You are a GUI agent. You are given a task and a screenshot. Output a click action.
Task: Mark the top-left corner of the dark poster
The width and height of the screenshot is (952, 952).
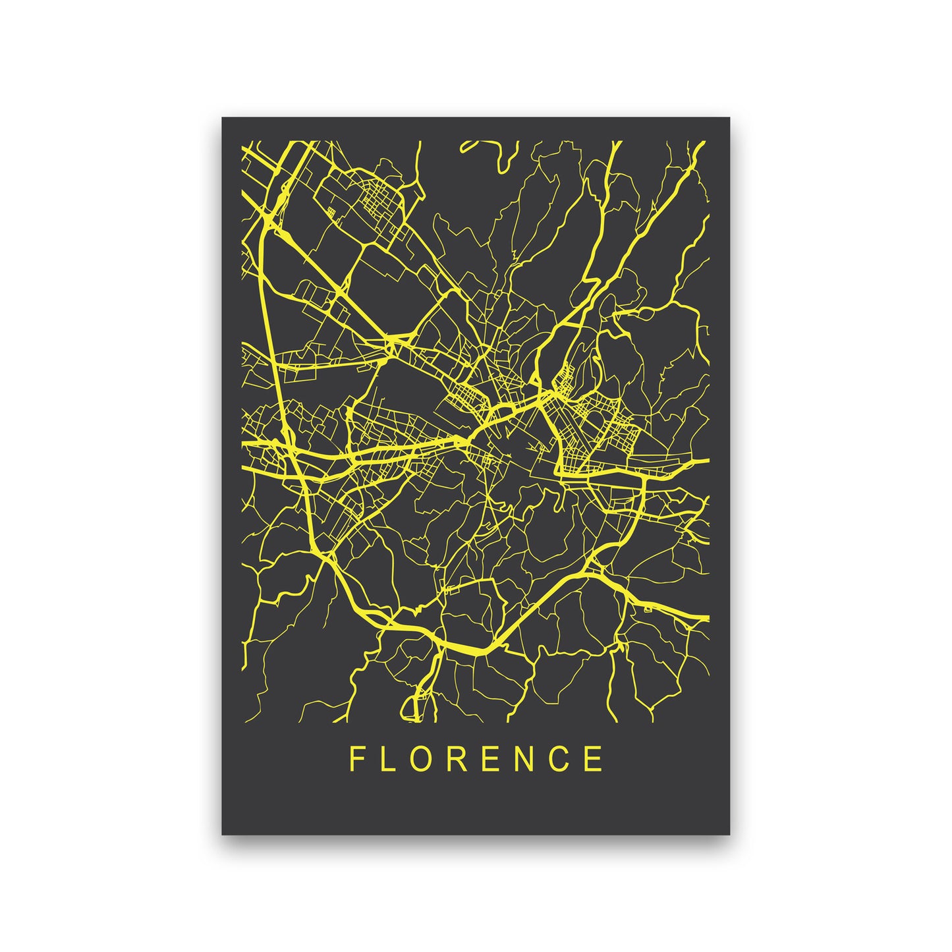tap(223, 119)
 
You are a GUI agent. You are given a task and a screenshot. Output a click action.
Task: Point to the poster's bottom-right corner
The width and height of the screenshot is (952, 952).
tap(729, 834)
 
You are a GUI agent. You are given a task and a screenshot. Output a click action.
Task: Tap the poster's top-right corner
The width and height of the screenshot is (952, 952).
tap(729, 119)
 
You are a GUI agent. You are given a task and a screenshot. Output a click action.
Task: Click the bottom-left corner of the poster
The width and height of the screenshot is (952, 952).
tap(223, 834)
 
